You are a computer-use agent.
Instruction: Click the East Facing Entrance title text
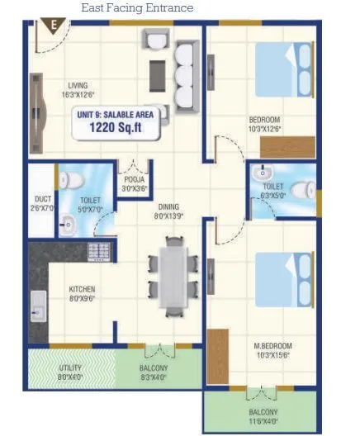(x=137, y=8)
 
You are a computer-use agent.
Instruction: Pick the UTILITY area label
(x=70, y=372)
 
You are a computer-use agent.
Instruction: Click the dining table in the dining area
(x=173, y=276)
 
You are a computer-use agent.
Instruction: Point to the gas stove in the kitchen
(x=99, y=253)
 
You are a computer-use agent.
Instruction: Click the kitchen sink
(x=38, y=307)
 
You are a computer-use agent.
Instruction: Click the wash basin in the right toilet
(x=265, y=174)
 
